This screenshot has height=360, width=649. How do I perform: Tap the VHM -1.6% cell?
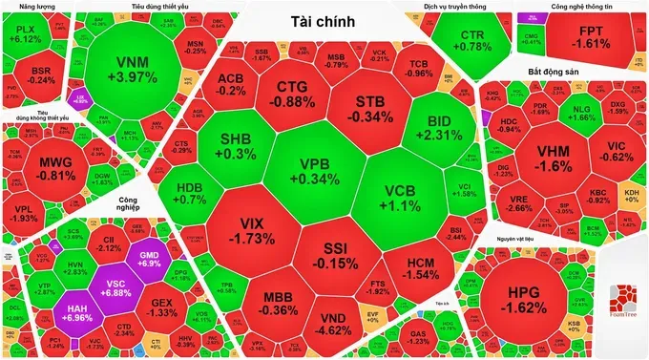[553, 158]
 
